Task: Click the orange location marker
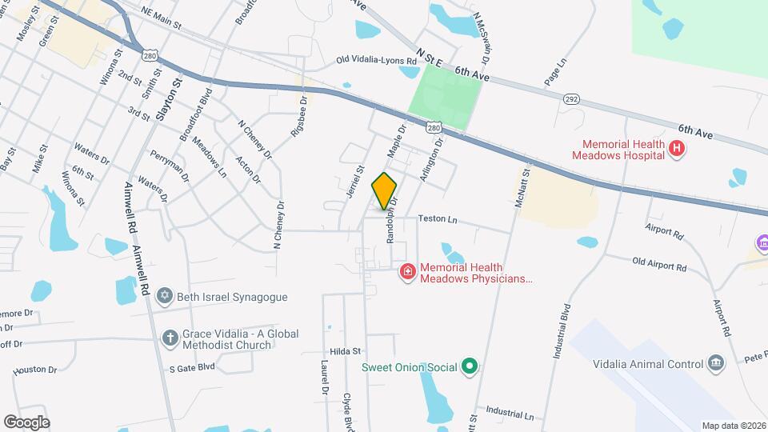coord(385,190)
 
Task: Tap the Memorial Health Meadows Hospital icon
coord(677,147)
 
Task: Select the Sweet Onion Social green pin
coord(470,367)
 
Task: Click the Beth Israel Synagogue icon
coord(165,297)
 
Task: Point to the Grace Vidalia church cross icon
coord(170,338)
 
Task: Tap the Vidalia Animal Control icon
coord(715,364)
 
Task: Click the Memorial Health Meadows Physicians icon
coord(407,273)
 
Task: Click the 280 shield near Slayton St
coord(150,55)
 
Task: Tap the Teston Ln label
coord(438,218)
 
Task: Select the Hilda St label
coord(346,350)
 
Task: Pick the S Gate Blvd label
coord(192,367)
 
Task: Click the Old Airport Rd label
coord(659,265)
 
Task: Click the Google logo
coord(26,422)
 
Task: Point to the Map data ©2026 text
coord(733,426)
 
